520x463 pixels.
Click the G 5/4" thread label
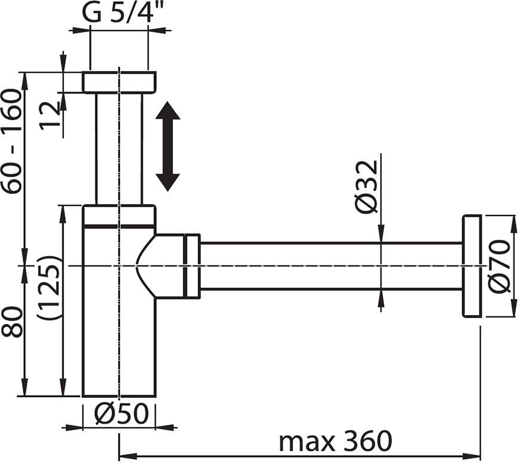[x=120, y=13]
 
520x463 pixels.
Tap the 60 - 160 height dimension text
[x=12, y=141]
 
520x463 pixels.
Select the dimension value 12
[x=50, y=116]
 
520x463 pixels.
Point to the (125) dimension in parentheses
[x=49, y=288]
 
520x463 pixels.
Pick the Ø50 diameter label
[x=121, y=414]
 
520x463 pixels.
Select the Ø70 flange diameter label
[x=499, y=267]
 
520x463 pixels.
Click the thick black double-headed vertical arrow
[x=168, y=146]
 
